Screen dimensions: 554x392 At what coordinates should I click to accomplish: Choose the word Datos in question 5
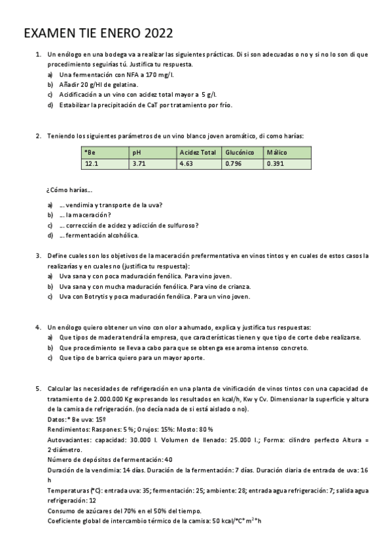pyautogui.click(x=57, y=418)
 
